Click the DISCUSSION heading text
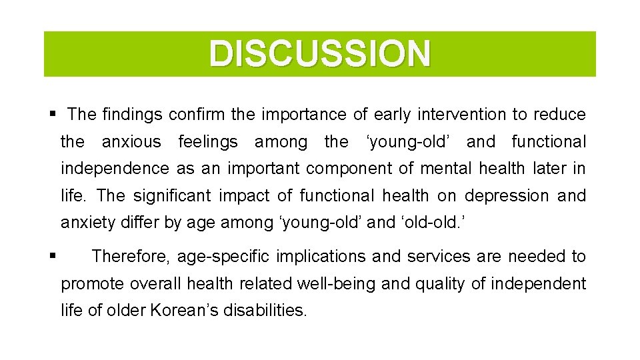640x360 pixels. tap(320, 54)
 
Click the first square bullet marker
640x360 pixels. tap(52, 115)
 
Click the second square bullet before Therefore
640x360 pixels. tap(52, 255)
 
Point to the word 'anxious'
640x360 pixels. tap(131, 142)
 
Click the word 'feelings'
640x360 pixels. tap(208, 142)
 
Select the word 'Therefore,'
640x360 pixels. tap(131, 257)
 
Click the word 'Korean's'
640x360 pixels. tap(207, 311)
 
